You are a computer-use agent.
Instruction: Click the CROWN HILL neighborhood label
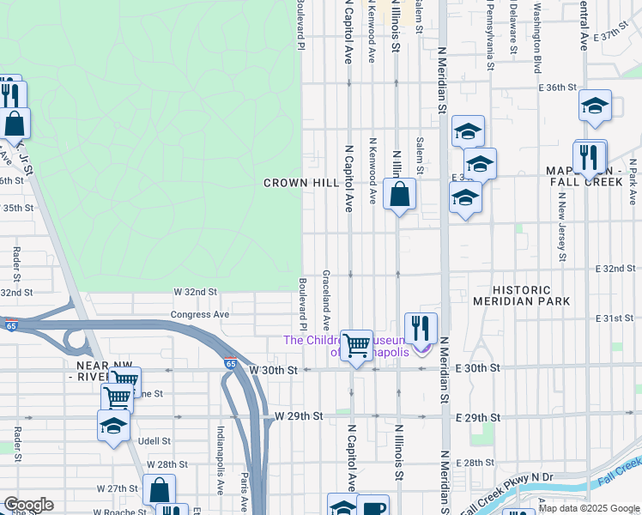[301, 183]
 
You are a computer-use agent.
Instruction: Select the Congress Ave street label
[200, 314]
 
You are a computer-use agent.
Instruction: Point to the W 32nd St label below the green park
[196, 292]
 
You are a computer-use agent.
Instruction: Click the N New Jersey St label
[561, 227]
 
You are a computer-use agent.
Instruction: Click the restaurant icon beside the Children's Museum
[421, 328]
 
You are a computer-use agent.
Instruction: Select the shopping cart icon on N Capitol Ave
[356, 346]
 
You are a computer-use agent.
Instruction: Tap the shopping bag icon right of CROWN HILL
[399, 194]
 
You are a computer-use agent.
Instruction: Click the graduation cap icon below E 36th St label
[594, 106]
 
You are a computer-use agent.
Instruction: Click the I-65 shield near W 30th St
[230, 363]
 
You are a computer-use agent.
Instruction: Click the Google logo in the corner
[28, 505]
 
